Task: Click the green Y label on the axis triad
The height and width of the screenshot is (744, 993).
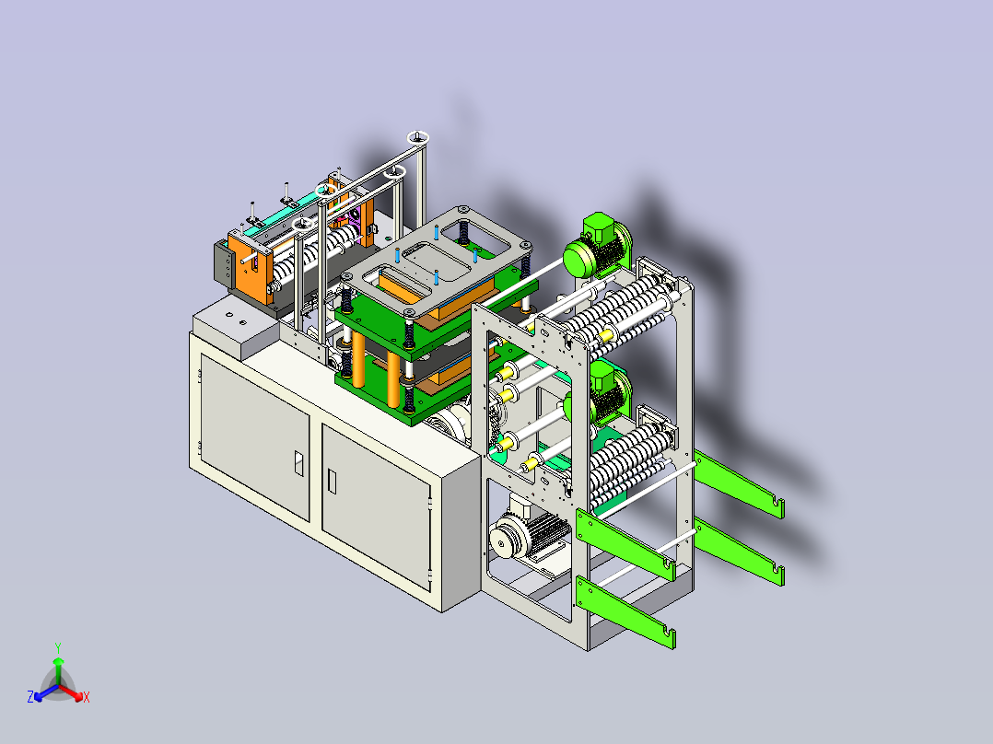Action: point(58,647)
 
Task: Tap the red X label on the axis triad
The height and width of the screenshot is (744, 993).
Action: point(87,697)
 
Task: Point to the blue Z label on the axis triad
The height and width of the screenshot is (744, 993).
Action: point(30,696)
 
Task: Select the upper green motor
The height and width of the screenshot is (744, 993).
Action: point(597,246)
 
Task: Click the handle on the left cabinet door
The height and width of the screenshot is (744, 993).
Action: point(298,463)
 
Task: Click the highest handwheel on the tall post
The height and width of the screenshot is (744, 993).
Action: point(418,137)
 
